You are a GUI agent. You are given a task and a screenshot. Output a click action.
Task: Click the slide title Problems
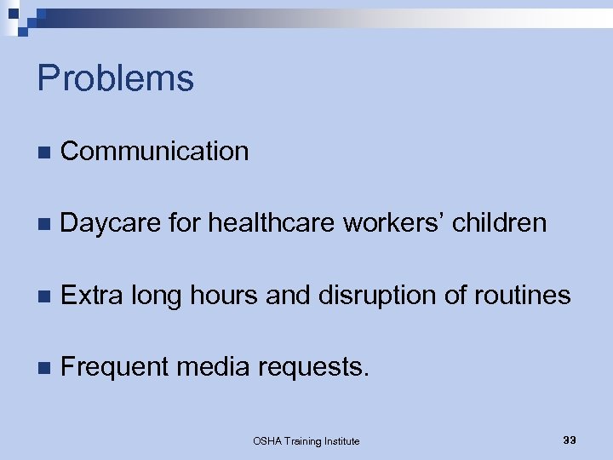click(116, 78)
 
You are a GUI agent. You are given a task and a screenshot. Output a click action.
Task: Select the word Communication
click(155, 151)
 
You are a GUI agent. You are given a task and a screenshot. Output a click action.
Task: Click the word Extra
click(92, 296)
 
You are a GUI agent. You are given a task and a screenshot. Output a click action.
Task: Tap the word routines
click(522, 296)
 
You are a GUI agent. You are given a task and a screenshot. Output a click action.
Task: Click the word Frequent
click(116, 367)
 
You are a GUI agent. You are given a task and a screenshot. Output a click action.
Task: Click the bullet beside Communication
click(43, 152)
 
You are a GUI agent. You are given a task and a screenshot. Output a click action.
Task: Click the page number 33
click(570, 440)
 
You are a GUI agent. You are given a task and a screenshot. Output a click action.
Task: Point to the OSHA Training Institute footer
click(306, 440)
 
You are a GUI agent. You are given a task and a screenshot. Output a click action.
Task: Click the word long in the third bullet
click(158, 296)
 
